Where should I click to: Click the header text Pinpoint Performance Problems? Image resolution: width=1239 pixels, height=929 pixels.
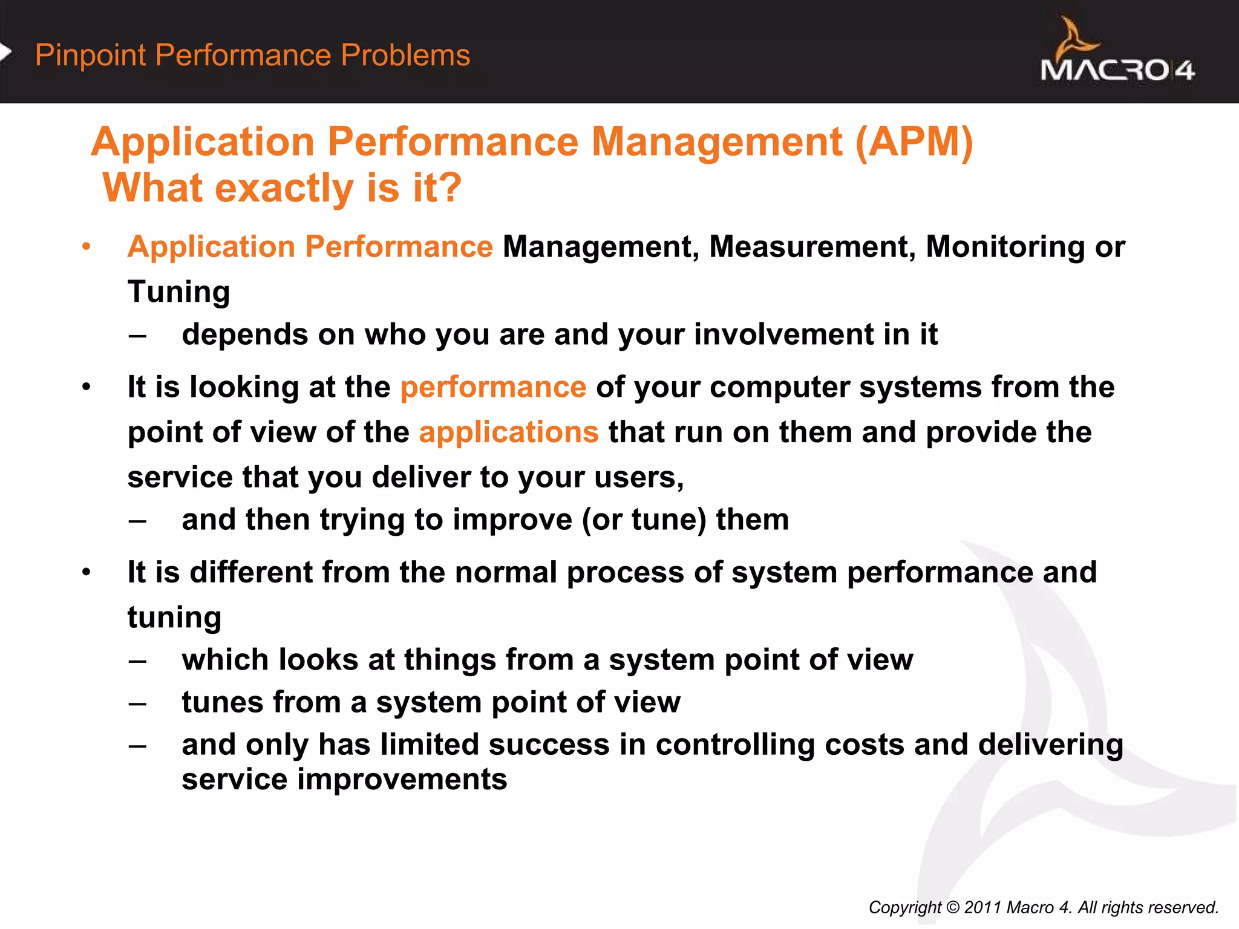coord(252,55)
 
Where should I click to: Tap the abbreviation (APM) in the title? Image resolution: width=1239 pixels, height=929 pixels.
coord(914,142)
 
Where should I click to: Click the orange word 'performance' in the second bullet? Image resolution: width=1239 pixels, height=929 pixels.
coord(493,387)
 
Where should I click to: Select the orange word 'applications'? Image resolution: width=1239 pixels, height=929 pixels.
coord(509,432)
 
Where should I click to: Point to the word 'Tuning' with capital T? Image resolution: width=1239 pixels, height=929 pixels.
coord(178,292)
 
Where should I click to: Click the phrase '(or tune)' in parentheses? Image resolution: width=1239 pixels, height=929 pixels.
coord(644,520)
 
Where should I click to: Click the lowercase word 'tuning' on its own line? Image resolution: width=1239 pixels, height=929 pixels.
coord(174,618)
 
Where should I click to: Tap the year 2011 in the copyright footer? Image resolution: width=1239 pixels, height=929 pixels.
coord(982,907)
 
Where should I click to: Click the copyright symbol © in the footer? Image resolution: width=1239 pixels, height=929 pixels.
coord(952,907)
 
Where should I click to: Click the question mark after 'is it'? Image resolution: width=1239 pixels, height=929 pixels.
coord(448,187)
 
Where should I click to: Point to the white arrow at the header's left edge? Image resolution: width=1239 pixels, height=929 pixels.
coord(5,53)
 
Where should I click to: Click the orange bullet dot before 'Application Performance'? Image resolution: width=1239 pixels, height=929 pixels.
coord(87,247)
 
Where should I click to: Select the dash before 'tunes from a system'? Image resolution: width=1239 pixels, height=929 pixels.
coord(137,703)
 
